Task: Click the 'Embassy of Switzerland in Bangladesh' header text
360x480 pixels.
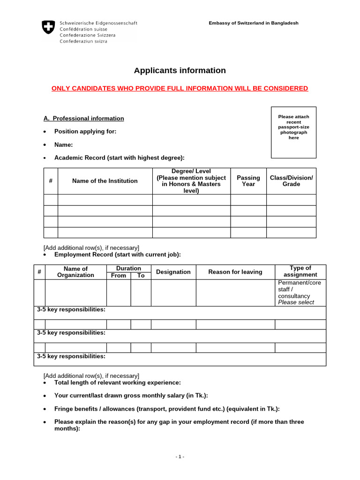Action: pos(253,23)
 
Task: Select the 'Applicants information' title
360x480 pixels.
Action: pos(180,71)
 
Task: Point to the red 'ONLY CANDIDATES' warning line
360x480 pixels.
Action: pos(180,89)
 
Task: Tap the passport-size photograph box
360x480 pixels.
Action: pos(293,132)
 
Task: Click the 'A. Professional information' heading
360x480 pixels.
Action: pos(84,119)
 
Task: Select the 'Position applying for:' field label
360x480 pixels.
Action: pos(85,132)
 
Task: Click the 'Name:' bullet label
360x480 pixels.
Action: pos(63,145)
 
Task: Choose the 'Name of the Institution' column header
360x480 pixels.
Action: pos(105,181)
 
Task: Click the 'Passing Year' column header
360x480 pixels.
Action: pos(248,181)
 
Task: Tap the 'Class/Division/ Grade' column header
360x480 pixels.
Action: pos(291,181)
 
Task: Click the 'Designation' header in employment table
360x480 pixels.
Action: pos(173,272)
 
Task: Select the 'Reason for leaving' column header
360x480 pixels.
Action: pos(235,272)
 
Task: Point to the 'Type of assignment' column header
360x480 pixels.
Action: pos(300,271)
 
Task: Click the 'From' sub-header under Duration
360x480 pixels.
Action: pos(118,276)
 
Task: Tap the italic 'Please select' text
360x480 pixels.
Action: pos(296,302)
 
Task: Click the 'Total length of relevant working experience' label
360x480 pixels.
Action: pos(117,383)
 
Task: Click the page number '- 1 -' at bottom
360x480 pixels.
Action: pos(180,457)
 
